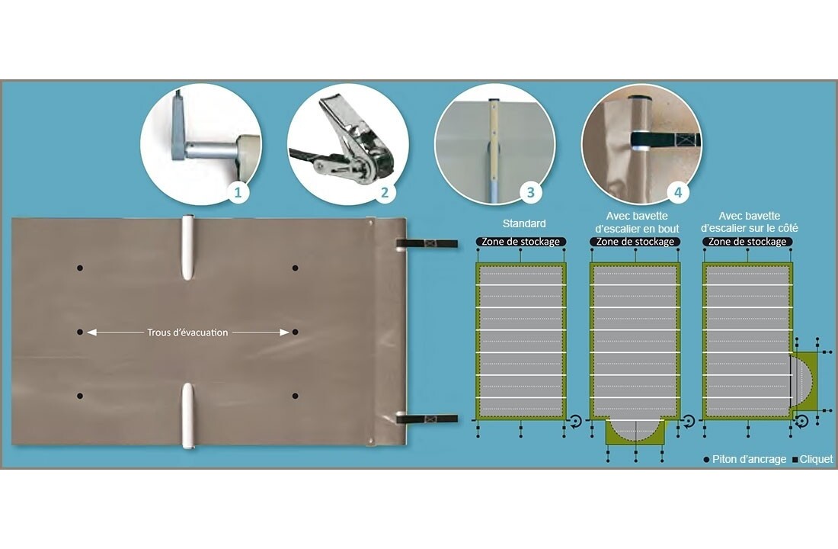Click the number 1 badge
tap(238, 192)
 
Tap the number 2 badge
tap(384, 192)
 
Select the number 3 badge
tap(531, 192)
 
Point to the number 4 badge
tap(678, 192)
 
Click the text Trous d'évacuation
tap(187, 332)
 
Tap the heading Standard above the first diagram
tap(524, 223)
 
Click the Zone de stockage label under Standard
tap(520, 242)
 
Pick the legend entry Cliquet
tap(812, 459)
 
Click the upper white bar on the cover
tap(187, 247)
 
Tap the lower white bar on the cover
tap(187, 416)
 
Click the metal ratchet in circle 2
tap(350, 141)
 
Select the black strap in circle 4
tap(665, 140)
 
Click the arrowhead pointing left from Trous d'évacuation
tap(91, 332)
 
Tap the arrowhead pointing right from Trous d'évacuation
tap(284, 332)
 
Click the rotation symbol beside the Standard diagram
tap(575, 422)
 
